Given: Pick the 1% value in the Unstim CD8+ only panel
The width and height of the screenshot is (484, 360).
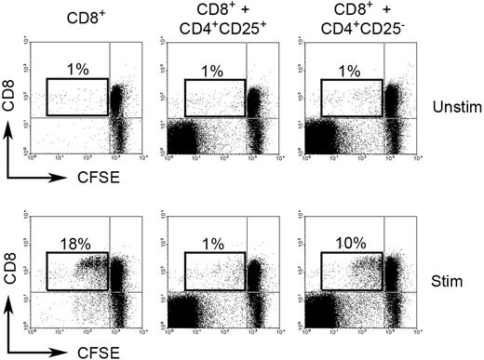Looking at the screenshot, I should coord(77,70).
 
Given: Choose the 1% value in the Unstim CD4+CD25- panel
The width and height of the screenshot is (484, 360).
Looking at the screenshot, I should coord(351,70).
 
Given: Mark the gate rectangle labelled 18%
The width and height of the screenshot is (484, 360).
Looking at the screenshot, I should coord(76,269).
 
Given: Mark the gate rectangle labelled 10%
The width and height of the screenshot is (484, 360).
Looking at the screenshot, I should coord(351,269).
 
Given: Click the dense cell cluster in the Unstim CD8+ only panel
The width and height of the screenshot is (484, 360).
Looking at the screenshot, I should coord(118,104).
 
